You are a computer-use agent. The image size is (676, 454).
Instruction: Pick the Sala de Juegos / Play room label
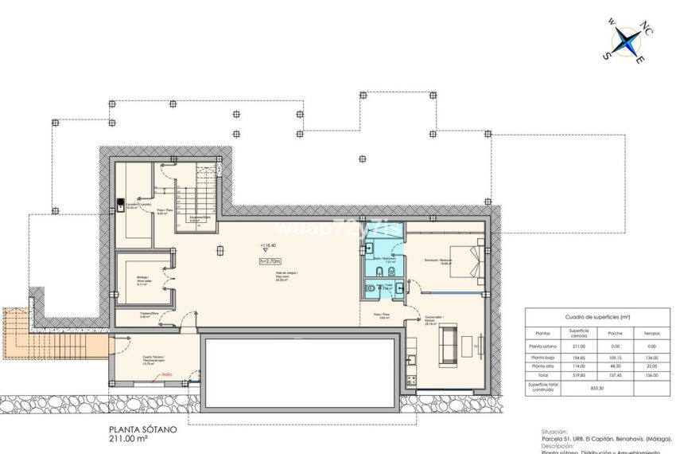[282, 276]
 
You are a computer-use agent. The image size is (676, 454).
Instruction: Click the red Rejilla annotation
[167, 373]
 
